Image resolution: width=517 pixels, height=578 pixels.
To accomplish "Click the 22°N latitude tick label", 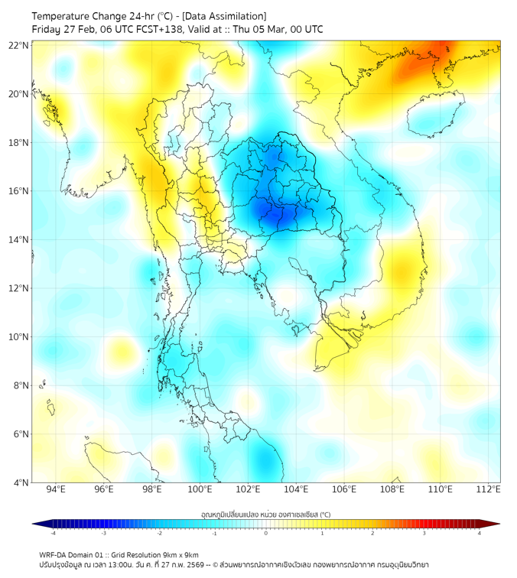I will (19, 45).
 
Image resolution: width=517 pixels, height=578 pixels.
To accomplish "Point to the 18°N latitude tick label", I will (19, 143).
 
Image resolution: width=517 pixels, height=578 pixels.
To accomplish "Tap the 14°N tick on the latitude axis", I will (19, 240).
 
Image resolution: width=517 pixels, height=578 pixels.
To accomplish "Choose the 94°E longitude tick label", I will (56, 489).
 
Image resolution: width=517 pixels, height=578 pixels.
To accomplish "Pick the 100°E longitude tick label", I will (200, 489).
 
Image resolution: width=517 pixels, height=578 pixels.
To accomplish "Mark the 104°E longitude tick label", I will (296, 489).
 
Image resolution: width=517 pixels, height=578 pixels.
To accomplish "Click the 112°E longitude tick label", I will (489, 489).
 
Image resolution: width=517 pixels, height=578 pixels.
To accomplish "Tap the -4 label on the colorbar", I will (53, 533).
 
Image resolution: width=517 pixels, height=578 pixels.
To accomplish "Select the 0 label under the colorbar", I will (266, 533).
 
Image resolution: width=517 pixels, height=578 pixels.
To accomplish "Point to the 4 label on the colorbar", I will (480, 533).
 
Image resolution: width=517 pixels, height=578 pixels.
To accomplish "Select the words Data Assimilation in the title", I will (227, 16).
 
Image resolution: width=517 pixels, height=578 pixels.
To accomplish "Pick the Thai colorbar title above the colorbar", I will (265, 515).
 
